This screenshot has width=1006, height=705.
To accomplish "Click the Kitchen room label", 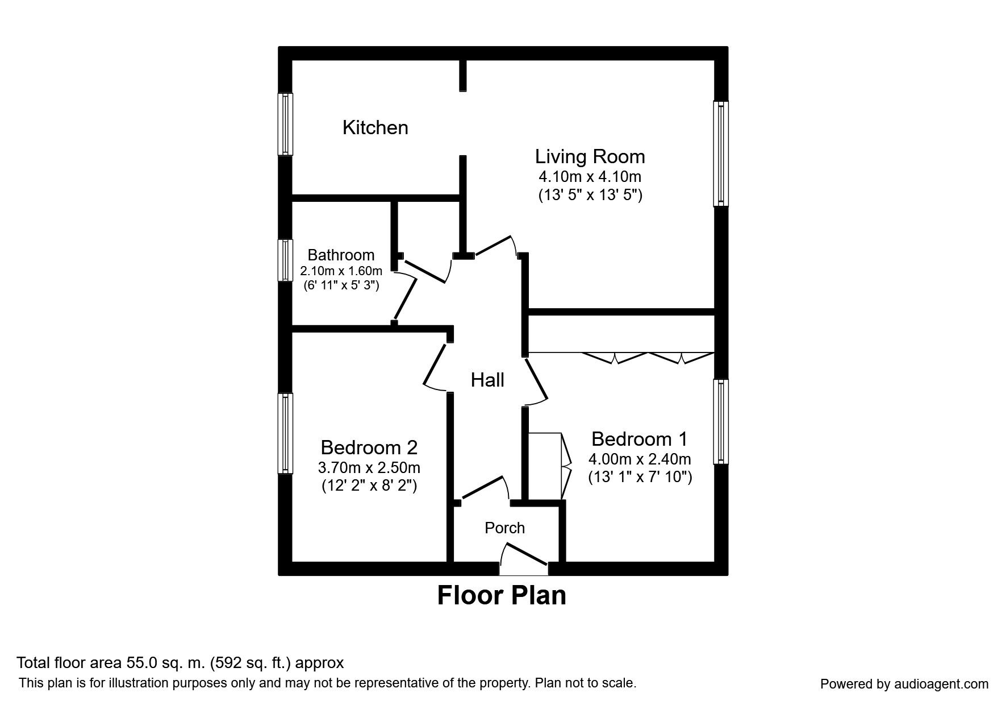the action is click(x=375, y=127).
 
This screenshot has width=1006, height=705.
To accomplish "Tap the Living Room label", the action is click(x=590, y=156).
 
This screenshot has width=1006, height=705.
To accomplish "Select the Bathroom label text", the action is click(x=341, y=255).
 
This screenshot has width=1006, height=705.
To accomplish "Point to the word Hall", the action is click(x=487, y=380).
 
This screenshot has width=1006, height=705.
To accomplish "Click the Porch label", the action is click(x=504, y=528).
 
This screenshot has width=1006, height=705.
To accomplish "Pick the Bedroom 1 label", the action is click(x=640, y=439).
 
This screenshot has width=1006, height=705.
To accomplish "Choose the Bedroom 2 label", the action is click(x=369, y=447).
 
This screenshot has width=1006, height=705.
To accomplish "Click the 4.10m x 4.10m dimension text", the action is click(x=590, y=176).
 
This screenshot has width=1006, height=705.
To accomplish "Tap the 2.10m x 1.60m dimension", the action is click(x=341, y=271).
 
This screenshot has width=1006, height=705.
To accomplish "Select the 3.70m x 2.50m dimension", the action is click(x=369, y=468).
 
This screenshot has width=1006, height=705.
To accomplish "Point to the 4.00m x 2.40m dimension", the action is click(x=640, y=459).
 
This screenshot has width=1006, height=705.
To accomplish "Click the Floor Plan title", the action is click(x=502, y=595).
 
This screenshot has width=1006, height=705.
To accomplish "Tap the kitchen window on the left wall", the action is click(x=285, y=124).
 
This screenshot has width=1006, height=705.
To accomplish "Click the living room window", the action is click(x=721, y=154).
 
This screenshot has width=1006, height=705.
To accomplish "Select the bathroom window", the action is click(x=285, y=260).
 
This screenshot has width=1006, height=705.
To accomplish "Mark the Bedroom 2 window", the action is click(x=285, y=433).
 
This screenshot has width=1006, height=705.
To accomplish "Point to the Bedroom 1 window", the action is click(x=721, y=421).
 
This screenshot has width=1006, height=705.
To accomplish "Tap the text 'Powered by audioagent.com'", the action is click(x=904, y=684).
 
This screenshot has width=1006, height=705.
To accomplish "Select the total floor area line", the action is click(x=180, y=663).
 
